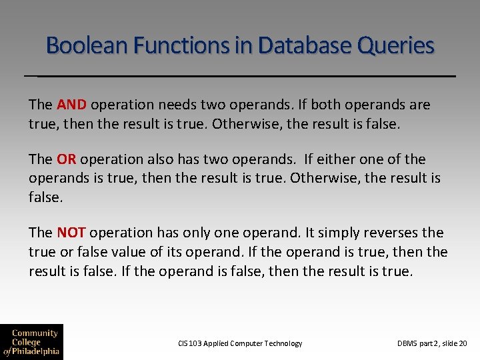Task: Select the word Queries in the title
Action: (x=396, y=46)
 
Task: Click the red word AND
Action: (x=72, y=105)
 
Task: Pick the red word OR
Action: (x=67, y=159)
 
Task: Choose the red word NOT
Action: (x=71, y=233)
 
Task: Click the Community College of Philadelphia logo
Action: (x=31, y=341)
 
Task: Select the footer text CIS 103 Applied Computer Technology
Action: (x=240, y=343)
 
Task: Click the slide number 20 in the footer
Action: (x=463, y=343)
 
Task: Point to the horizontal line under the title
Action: (x=240, y=76)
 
